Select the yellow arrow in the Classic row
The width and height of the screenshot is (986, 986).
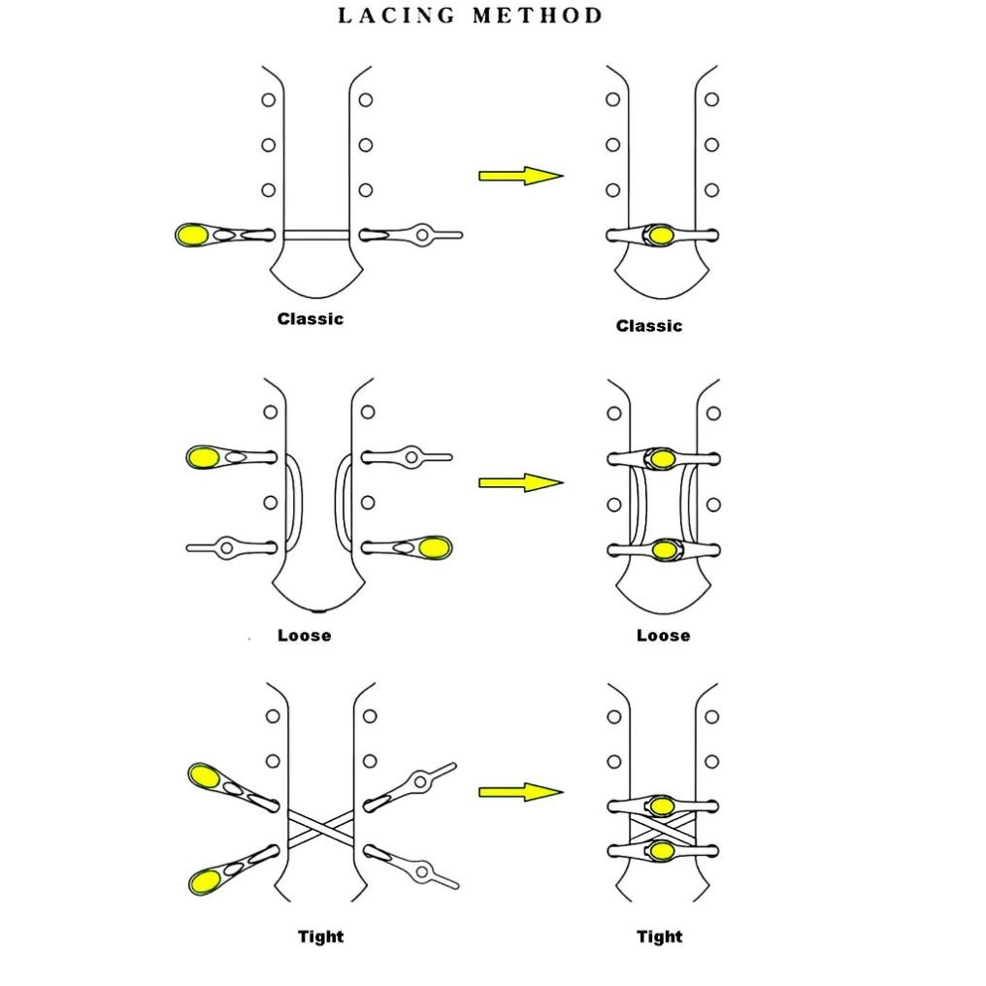tap(520, 176)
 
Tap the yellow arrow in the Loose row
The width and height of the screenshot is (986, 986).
tap(520, 482)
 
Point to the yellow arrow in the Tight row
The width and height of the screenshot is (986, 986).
tap(520, 792)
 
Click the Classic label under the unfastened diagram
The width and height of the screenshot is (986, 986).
tap(311, 318)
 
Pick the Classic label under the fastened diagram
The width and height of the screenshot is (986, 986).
tap(649, 326)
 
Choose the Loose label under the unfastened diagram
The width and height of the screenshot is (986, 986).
tap(304, 636)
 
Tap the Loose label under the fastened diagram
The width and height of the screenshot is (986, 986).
tap(664, 636)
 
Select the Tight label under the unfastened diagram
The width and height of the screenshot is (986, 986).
tap(320, 937)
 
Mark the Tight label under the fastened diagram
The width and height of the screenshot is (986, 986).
tap(660, 937)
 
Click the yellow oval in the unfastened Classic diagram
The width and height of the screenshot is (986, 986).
tap(191, 235)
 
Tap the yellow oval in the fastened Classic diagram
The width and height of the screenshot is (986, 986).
tap(661, 235)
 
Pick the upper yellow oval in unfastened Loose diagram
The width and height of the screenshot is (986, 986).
tap(203, 457)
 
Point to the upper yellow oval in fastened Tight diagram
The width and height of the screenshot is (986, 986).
tap(662, 805)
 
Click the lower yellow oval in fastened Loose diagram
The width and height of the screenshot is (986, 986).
tap(663, 550)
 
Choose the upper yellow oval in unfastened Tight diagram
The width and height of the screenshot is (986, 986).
tap(204, 775)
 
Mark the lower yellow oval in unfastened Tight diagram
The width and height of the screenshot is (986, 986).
tap(204, 881)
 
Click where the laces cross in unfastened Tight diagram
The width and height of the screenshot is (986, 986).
tap(320, 828)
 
